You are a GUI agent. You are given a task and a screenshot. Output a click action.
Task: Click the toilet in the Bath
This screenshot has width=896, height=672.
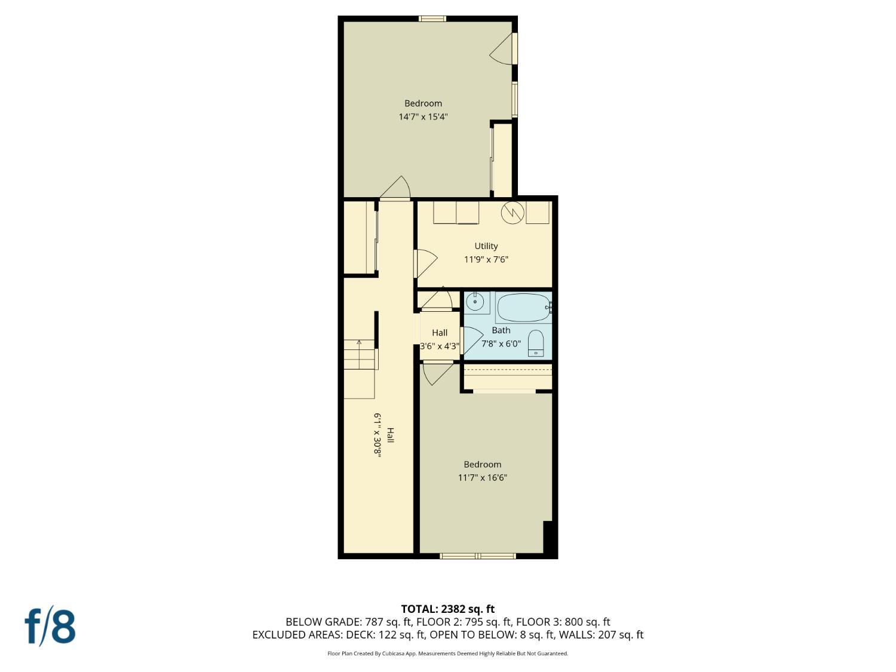coord(536,343)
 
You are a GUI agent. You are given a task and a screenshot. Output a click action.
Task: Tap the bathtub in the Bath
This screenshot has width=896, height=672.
coord(523,308)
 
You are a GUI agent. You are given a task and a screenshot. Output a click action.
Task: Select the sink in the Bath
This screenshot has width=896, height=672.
coord(475,302)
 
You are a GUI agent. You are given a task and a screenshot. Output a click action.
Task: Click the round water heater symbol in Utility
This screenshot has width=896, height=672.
coord(513,213)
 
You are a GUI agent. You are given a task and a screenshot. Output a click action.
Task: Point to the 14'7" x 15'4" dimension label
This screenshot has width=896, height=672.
coord(423,117)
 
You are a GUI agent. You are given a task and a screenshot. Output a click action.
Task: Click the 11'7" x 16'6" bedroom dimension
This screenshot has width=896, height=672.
coord(482,478)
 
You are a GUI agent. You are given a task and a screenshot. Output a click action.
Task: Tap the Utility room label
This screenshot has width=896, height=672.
coord(486,246)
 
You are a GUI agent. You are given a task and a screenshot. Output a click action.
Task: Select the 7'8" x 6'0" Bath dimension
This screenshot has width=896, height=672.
coord(501,344)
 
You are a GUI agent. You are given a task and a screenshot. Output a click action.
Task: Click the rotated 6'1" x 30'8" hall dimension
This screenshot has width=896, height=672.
coord(378,434)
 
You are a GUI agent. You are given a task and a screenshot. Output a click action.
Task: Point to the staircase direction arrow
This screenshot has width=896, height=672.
coord(359,343)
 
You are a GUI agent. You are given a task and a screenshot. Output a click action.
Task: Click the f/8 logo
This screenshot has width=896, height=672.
coord(50,626)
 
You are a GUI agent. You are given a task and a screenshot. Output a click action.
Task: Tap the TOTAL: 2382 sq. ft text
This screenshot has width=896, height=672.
coord(447,609)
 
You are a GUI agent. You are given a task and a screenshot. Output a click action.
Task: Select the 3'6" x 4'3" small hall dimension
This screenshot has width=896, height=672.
coord(440,346)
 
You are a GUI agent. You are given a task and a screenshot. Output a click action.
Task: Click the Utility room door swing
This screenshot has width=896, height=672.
coord(426,262)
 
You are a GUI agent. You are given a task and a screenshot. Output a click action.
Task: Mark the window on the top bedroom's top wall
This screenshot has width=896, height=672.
coord(432,19)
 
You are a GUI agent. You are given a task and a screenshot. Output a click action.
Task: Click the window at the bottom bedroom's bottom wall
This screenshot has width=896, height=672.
coord(477,556)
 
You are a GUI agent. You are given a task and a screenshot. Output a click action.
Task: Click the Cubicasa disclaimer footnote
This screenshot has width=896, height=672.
coord(447,653)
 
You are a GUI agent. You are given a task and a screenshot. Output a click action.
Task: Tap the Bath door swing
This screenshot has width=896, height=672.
coord(472,340)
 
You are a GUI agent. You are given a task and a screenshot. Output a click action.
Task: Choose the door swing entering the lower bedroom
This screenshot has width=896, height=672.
coord(436,373)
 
